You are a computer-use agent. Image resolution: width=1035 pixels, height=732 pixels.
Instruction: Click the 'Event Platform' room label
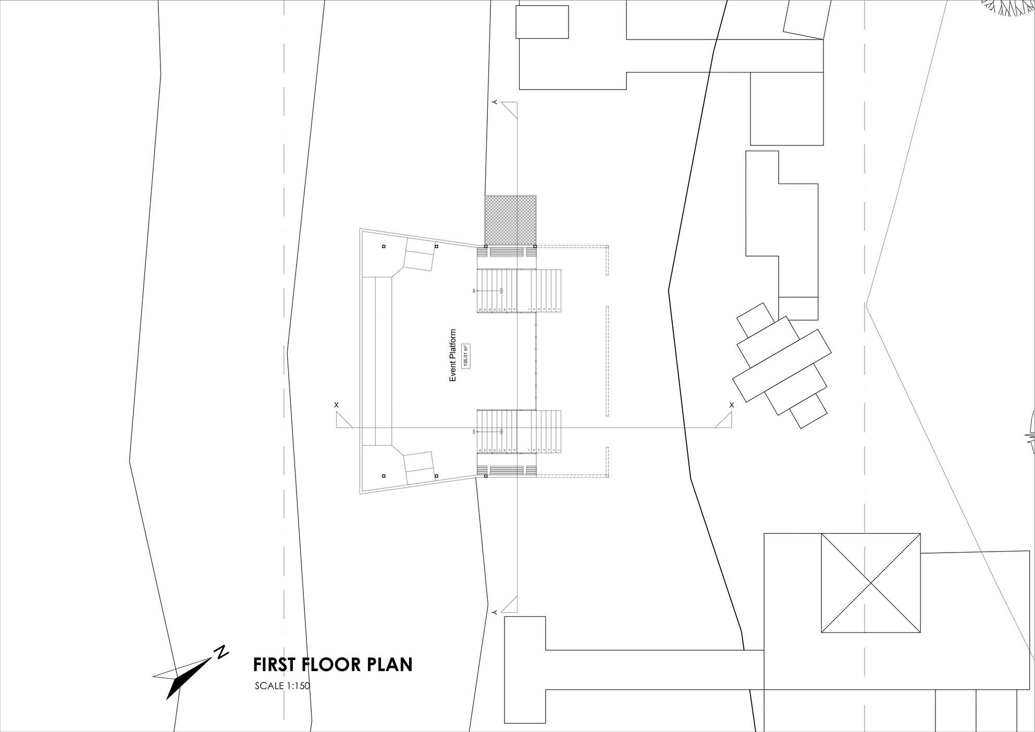pos(452,355)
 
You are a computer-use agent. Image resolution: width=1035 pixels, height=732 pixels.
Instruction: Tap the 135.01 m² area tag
pos(467,356)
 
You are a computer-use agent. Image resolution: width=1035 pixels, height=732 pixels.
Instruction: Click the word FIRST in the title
pos(274,665)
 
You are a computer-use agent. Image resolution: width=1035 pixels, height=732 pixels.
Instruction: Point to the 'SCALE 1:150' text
pos(282,686)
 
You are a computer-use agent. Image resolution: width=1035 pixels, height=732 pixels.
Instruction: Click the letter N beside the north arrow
pos(222,652)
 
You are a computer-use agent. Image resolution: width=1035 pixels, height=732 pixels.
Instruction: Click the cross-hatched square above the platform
pos(510,219)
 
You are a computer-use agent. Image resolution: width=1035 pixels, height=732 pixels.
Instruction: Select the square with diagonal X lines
pos(870,583)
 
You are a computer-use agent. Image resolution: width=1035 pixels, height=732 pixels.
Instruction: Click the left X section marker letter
pos(336,405)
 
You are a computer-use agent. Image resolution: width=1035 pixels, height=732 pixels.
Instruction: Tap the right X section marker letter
pos(732,405)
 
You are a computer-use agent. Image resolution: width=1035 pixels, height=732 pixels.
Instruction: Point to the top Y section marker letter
pos(494,102)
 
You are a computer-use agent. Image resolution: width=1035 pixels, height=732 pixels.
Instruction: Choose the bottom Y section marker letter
pos(494,611)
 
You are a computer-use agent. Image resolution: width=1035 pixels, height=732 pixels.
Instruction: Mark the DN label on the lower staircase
pos(474,432)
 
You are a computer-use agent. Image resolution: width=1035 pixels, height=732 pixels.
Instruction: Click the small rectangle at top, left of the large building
pos(542,22)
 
